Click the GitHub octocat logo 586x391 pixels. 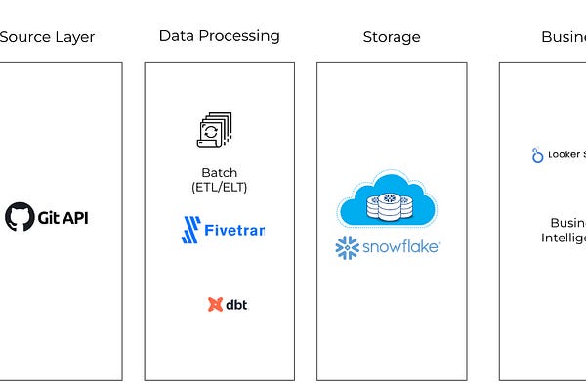(x=19, y=216)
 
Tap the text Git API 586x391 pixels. (x=62, y=216)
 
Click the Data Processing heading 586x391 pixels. (x=219, y=36)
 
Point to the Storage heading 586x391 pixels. (x=391, y=37)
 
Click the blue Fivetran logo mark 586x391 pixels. (x=189, y=231)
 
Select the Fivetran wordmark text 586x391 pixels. (x=233, y=232)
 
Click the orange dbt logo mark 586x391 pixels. (x=215, y=304)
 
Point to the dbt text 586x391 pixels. (x=236, y=304)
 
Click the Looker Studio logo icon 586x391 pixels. (x=537, y=154)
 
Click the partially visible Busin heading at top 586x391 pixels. (x=563, y=37)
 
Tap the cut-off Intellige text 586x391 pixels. (x=564, y=238)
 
